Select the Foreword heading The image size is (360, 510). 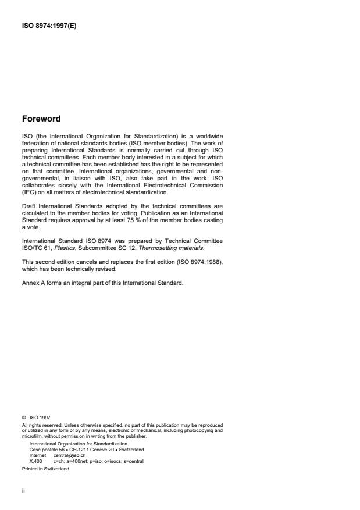tap(41, 119)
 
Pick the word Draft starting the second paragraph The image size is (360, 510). tap(28, 206)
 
